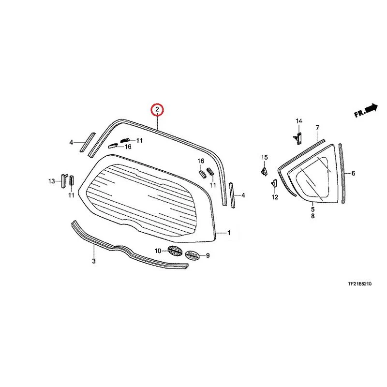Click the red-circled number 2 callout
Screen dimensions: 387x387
click(x=157, y=110)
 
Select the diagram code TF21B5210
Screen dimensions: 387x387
click(x=359, y=284)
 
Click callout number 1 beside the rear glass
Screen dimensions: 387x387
click(x=229, y=233)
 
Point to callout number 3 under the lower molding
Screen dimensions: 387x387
click(x=94, y=261)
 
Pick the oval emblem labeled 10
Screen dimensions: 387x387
click(x=175, y=251)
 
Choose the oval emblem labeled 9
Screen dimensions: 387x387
click(x=192, y=255)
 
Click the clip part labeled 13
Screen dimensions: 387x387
click(x=64, y=180)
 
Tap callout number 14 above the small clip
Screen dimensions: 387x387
click(x=299, y=121)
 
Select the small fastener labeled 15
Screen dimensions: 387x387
click(x=264, y=171)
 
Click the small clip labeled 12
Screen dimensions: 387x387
click(x=274, y=183)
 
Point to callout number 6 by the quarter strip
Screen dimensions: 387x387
click(x=353, y=174)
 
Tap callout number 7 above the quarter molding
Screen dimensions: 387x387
click(x=317, y=128)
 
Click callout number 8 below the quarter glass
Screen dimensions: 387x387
click(x=313, y=216)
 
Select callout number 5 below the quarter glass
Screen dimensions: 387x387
click(x=313, y=209)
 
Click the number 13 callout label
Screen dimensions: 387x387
click(x=52, y=181)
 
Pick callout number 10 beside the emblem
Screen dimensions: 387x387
click(x=158, y=251)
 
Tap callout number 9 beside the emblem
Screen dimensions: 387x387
click(x=208, y=256)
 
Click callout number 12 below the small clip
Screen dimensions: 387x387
click(x=275, y=197)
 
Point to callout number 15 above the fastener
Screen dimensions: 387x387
click(x=264, y=157)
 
